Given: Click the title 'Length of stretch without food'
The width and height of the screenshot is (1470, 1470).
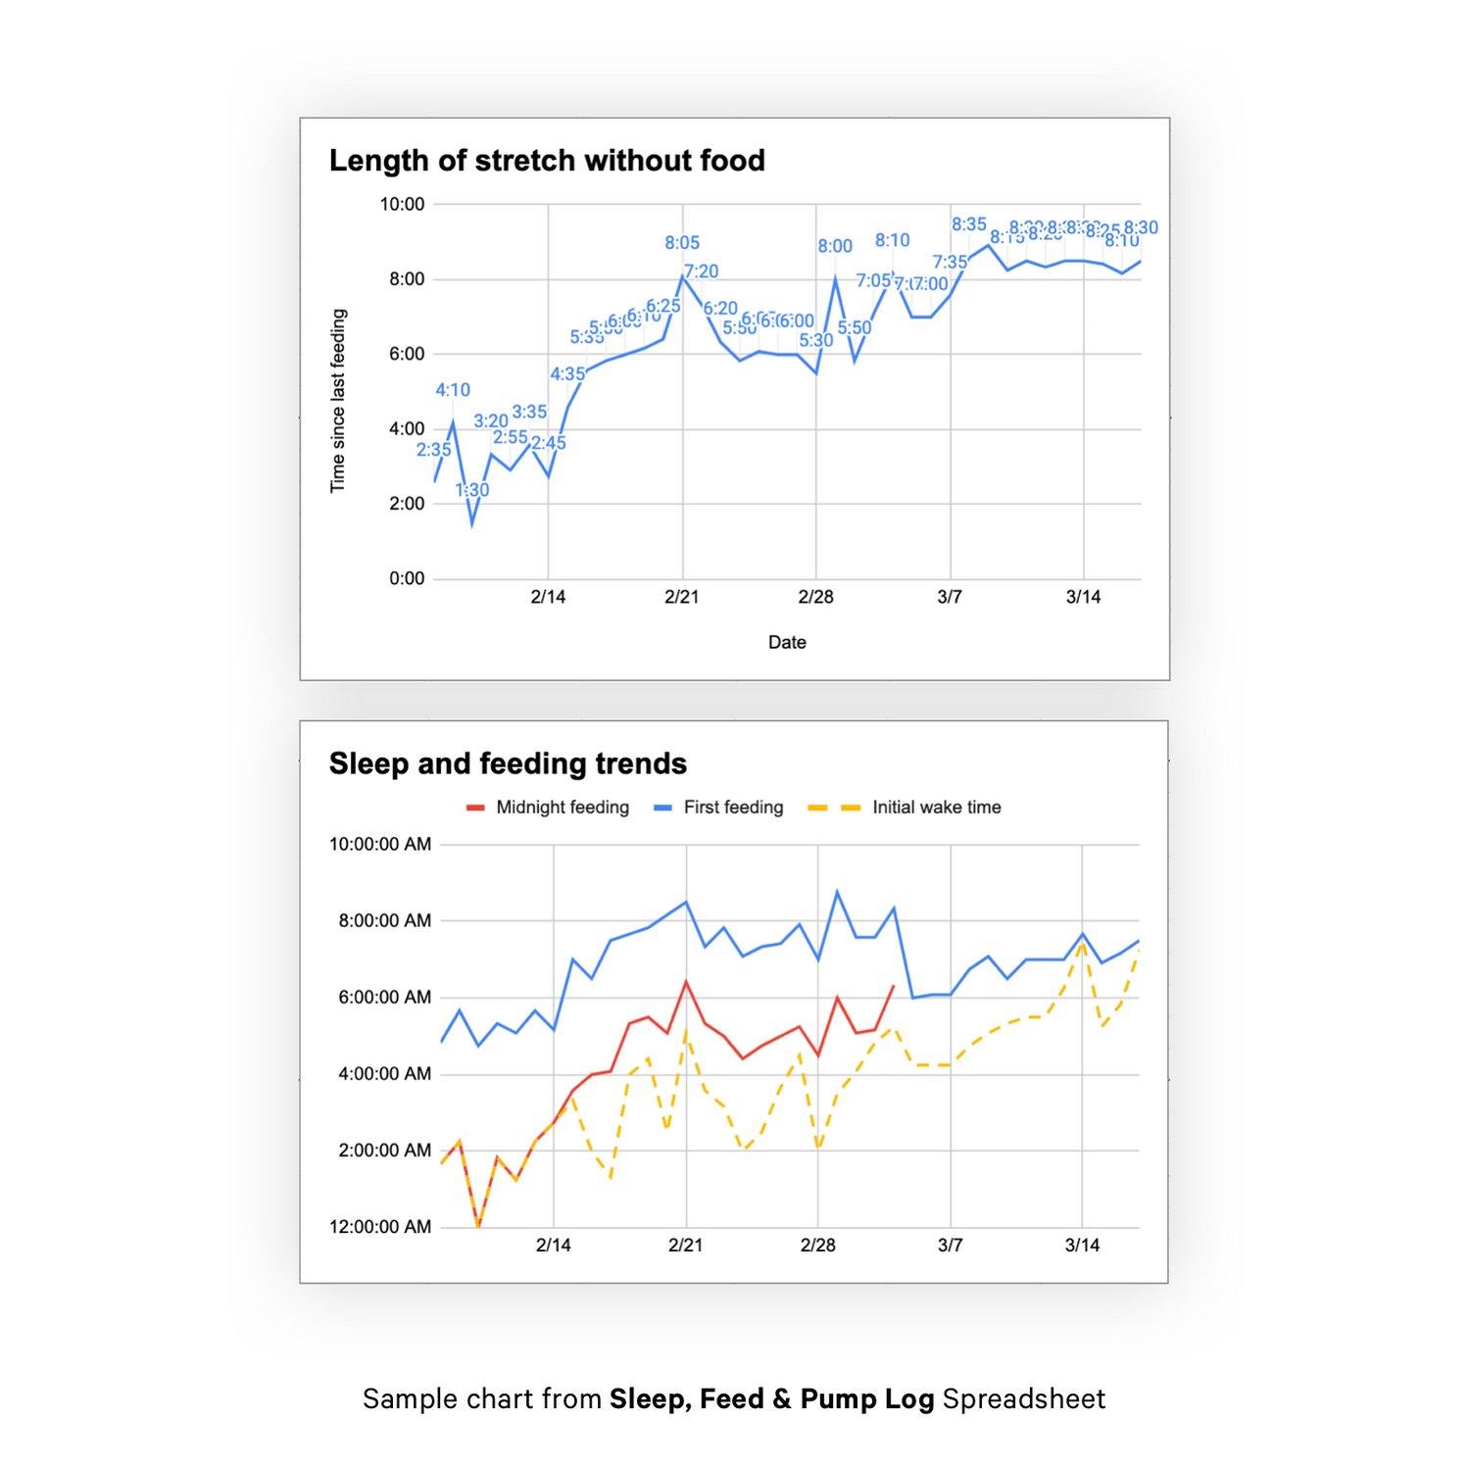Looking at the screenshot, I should click(x=547, y=161).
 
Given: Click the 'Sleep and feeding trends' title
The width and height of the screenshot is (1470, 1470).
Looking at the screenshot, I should click(x=508, y=763).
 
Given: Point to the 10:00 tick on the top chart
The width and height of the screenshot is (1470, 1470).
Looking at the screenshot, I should click(x=402, y=205).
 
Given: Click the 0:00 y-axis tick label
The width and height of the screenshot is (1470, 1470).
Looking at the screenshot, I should click(x=407, y=578).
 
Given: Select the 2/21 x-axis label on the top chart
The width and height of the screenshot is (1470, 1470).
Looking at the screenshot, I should click(x=682, y=597).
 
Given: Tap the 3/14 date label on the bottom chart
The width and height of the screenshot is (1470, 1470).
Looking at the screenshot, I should click(x=1082, y=1246).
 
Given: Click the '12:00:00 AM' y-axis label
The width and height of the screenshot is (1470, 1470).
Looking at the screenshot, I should click(x=380, y=1227).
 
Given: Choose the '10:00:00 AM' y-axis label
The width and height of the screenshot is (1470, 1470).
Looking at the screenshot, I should click(x=380, y=844).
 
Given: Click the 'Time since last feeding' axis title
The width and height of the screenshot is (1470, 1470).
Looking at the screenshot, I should click(x=338, y=401).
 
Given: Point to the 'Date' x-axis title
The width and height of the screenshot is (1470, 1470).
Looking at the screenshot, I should click(x=787, y=643).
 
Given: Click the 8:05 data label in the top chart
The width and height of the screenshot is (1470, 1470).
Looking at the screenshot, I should click(x=682, y=243).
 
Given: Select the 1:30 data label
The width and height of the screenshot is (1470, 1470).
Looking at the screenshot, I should click(x=472, y=490).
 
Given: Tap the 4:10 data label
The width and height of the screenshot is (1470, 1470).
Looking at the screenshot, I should click(x=453, y=390).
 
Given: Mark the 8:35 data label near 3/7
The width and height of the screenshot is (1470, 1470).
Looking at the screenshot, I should click(x=969, y=224).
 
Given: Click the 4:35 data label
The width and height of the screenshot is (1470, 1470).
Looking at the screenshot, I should click(x=567, y=374).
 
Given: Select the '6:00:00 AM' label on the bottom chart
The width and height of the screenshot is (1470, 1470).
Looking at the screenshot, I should click(x=385, y=998).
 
